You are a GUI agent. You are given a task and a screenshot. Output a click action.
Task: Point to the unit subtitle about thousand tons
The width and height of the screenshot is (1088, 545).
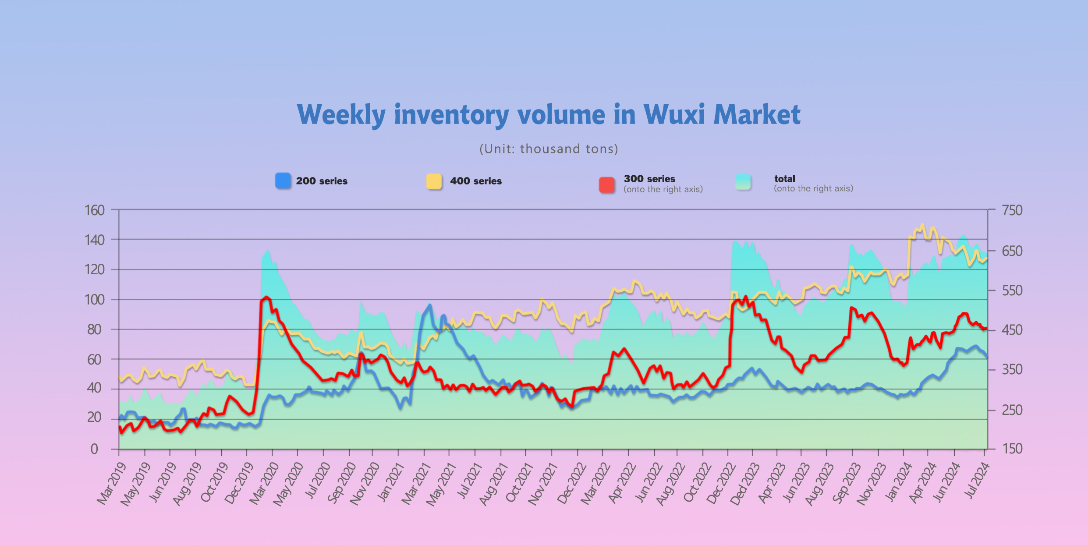click(x=549, y=149)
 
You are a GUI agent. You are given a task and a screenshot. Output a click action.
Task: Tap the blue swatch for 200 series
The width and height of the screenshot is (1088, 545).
click(x=283, y=181)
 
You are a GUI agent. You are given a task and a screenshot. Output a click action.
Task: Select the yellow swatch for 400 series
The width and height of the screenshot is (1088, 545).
click(x=434, y=181)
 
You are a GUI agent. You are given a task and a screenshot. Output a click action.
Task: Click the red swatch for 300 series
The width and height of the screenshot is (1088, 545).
click(x=607, y=184)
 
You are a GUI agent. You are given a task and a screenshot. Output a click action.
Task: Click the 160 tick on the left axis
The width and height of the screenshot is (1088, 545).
click(x=95, y=210)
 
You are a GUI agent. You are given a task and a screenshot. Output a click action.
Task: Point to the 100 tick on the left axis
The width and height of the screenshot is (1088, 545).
click(x=95, y=300)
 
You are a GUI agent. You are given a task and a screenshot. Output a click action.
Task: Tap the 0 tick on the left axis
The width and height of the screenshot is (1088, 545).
click(x=94, y=449)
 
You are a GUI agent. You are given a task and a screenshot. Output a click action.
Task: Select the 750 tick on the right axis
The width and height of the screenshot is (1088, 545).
click(x=1012, y=210)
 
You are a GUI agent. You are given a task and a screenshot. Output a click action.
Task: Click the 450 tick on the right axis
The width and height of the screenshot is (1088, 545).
click(x=1012, y=330)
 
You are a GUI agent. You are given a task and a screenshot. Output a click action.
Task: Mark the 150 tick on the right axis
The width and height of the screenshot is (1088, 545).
click(x=1012, y=449)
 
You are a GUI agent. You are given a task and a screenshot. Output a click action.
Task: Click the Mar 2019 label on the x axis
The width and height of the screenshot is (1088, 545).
click(x=111, y=484)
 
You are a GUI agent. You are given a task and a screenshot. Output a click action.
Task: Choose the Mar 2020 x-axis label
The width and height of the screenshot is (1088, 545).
click(x=264, y=484)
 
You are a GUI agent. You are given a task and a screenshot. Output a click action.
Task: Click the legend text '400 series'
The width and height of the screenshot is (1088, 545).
click(x=476, y=181)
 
